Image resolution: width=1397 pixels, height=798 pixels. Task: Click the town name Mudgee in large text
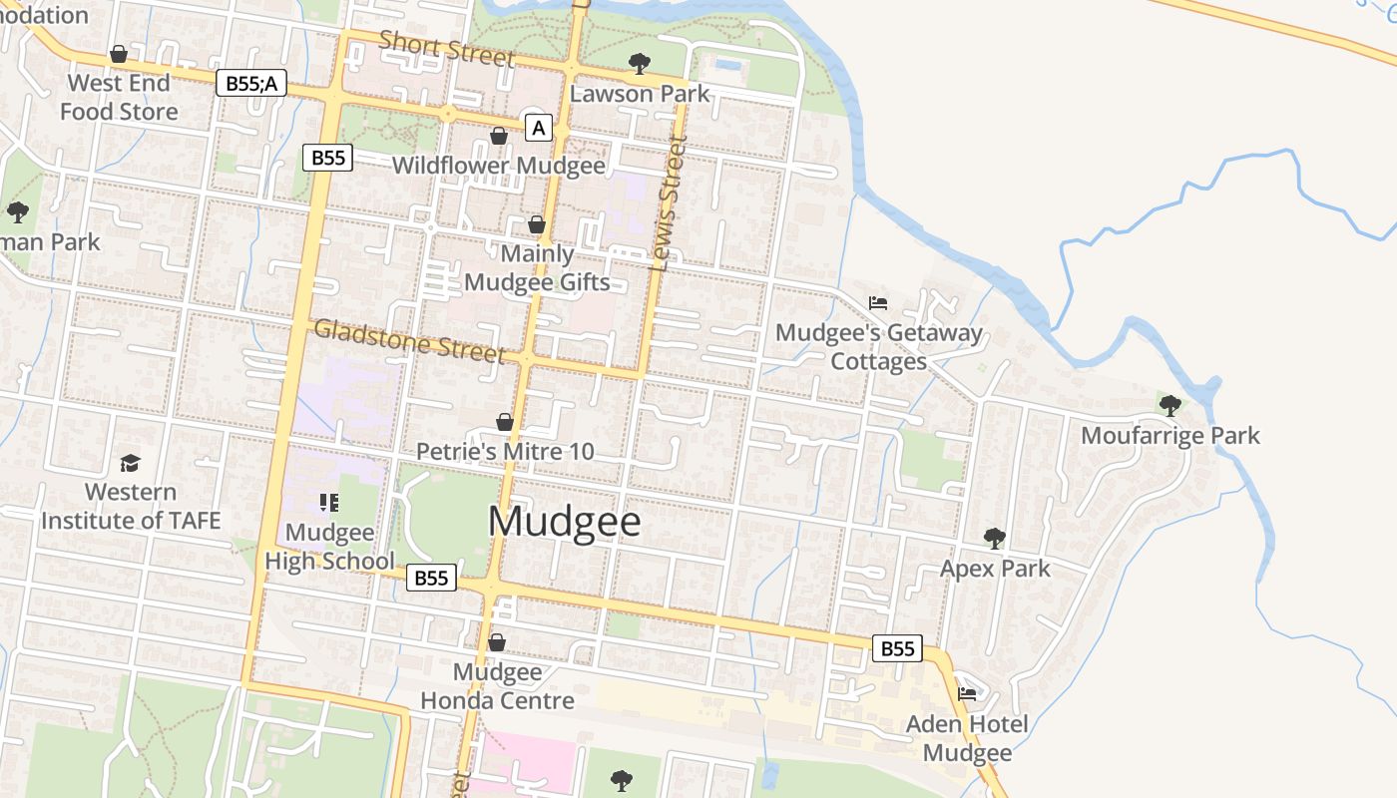tap(564, 522)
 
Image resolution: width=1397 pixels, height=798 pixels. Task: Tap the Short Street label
tap(446, 48)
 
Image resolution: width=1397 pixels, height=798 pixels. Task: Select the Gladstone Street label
tap(409, 341)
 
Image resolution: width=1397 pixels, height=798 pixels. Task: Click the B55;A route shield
tap(251, 84)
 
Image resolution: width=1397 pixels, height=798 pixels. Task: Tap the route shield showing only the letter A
tap(539, 128)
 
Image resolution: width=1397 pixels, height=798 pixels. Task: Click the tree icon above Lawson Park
tap(639, 64)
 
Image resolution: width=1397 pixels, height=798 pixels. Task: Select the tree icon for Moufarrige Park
tap(1169, 405)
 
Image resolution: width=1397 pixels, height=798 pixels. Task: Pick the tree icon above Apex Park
tap(994, 539)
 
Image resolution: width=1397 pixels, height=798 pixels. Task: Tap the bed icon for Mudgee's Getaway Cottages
tap(878, 302)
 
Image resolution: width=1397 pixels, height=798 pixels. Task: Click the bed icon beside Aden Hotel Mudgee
tap(966, 693)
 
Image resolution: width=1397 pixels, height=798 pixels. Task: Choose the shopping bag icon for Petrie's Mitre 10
tap(505, 422)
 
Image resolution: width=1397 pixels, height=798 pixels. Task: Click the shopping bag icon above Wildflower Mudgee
tap(498, 136)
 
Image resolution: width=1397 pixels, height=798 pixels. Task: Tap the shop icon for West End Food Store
tap(119, 54)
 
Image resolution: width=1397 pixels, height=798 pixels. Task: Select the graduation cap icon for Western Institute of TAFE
tap(130, 463)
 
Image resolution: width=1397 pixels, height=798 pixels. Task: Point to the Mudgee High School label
tap(329, 547)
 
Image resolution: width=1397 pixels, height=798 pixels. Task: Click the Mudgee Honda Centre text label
tap(497, 686)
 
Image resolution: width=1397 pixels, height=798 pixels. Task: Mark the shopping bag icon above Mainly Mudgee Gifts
tap(537, 224)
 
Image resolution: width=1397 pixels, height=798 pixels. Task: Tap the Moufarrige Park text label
tap(1169, 436)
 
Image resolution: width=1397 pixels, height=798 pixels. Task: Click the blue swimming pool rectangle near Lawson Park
tap(728, 65)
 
